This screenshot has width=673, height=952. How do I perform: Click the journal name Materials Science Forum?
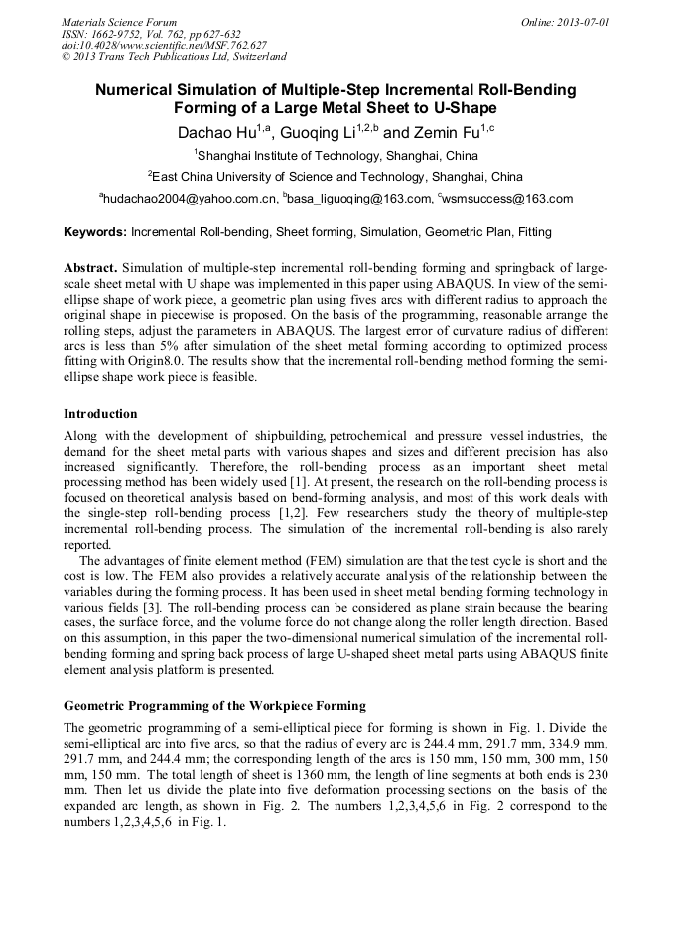[x=119, y=21]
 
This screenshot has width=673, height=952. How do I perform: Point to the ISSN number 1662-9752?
[x=122, y=33]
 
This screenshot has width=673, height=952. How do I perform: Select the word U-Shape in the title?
[x=459, y=108]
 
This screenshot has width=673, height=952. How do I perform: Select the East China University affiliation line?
[x=336, y=177]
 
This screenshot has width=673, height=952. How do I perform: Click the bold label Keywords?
[x=95, y=232]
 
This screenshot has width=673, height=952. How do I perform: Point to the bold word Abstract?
[x=90, y=268]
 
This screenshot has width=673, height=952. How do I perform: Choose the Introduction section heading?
[x=100, y=413]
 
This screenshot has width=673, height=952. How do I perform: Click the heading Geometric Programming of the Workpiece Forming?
[x=214, y=706]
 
